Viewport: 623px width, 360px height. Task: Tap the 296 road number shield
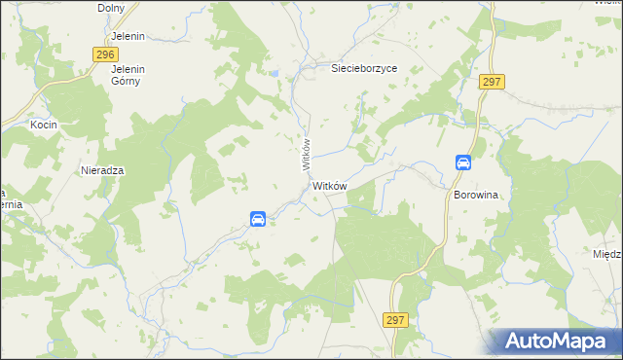[x=107, y=56]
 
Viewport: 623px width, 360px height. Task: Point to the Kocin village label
[x=43, y=126]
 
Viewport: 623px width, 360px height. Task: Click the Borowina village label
[x=476, y=195]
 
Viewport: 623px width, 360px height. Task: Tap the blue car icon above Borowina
[x=463, y=162]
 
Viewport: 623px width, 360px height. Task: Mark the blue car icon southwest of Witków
[x=258, y=219]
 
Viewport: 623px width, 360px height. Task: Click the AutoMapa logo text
[x=562, y=342]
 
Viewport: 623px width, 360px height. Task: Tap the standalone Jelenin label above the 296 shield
[x=128, y=36]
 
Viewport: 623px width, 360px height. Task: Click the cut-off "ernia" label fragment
[x=11, y=204]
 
